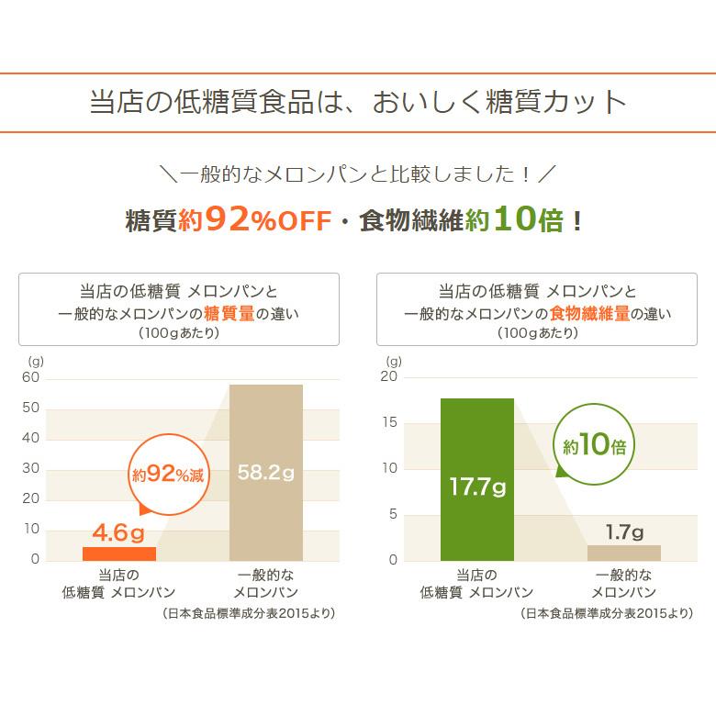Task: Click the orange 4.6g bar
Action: coord(119,553)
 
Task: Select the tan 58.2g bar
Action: coord(265,472)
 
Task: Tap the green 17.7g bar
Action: coord(476,479)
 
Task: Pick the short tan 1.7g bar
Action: coord(623,553)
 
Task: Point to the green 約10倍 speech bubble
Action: coord(595,447)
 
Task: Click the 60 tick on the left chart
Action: coord(31,377)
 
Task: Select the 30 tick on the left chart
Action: coord(31,468)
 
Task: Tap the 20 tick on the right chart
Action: coord(389,376)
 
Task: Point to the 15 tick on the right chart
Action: coord(389,422)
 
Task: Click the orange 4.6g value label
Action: coord(118,532)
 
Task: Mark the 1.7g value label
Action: coord(624,531)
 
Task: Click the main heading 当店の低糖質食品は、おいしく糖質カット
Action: coord(358,102)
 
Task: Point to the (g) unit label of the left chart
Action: coord(35,361)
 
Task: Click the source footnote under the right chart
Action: coord(606,613)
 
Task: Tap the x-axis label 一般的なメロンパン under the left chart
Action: coord(265,584)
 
